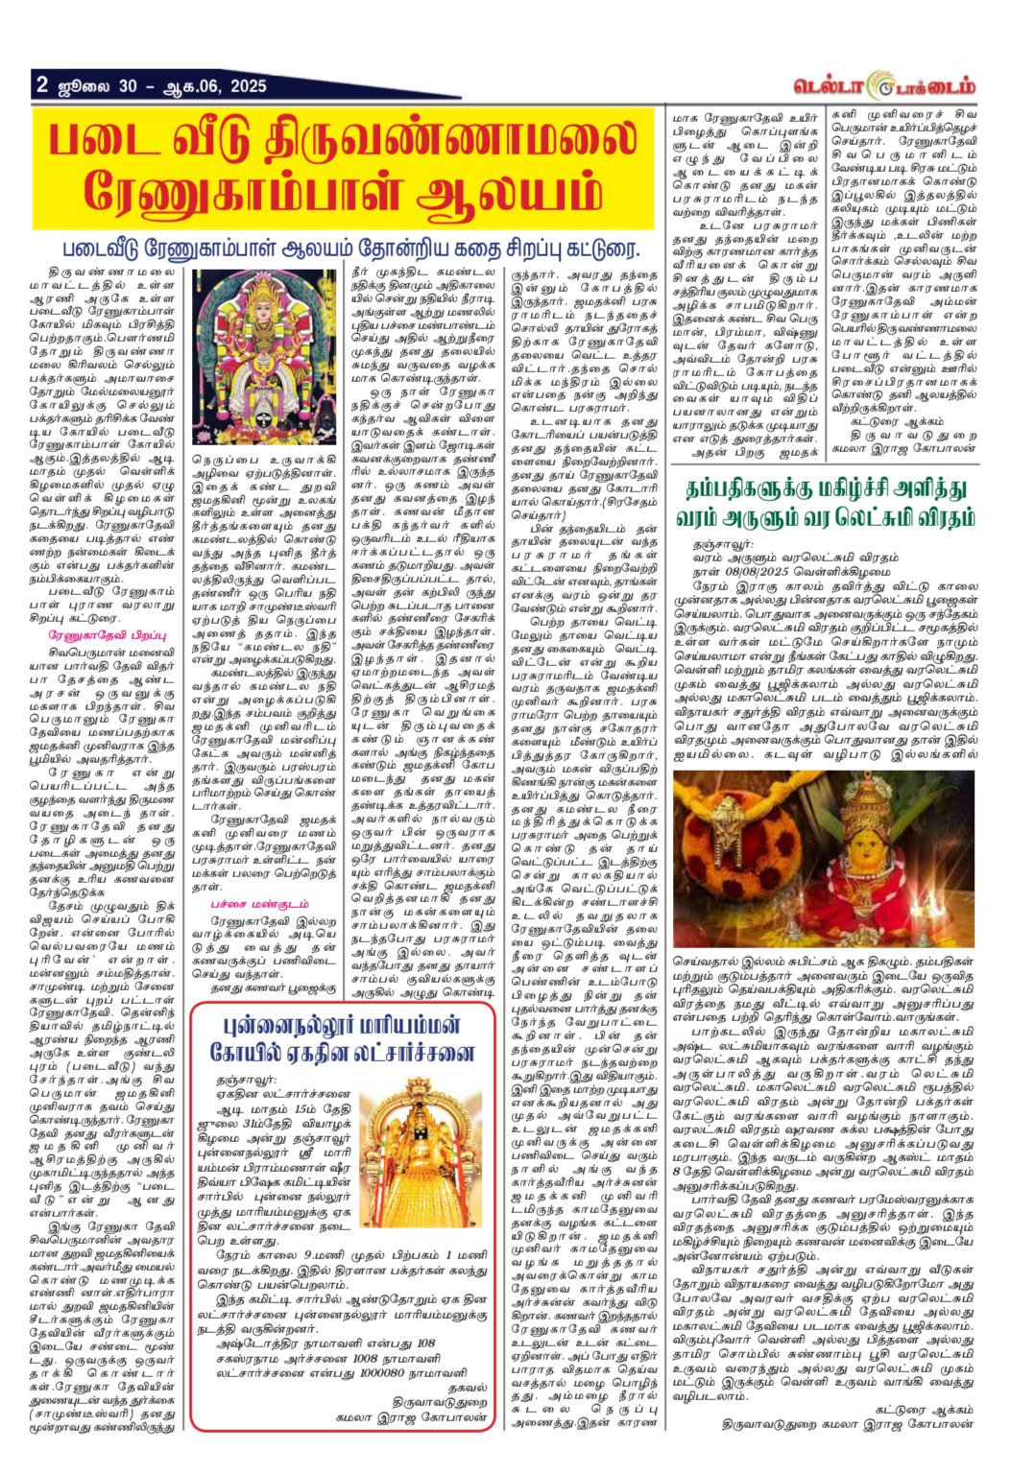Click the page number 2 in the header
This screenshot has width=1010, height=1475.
[42, 84]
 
